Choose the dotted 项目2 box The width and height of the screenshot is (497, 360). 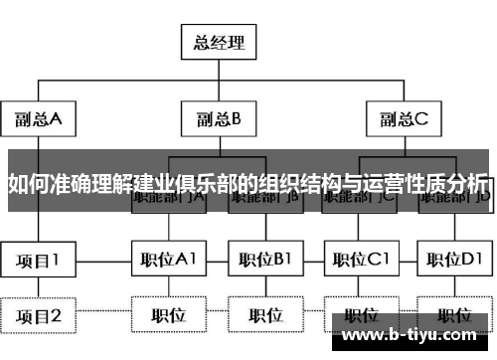point(38,316)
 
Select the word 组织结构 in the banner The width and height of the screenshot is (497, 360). point(294,185)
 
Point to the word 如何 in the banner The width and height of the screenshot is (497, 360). point(25,185)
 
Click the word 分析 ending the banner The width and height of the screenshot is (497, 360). point(469,185)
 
